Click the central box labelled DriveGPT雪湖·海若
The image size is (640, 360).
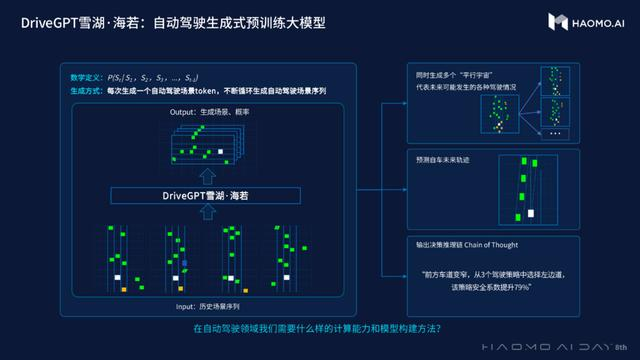216,196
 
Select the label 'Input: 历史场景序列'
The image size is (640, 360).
214,305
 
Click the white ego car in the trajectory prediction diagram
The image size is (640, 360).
532,213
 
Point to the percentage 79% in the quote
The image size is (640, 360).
519,287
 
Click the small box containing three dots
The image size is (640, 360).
554,133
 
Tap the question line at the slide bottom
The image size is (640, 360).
318,329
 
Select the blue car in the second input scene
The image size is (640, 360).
184,261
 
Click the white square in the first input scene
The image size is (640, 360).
118,277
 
